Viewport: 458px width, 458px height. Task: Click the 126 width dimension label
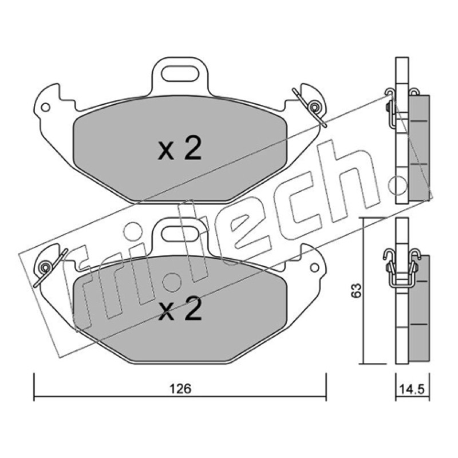pos(181,389)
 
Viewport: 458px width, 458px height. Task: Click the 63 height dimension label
pos(356,291)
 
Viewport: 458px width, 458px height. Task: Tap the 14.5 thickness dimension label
pos(412,389)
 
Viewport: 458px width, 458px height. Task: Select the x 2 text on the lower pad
pos(180,309)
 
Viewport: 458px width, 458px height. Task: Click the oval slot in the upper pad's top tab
pos(180,74)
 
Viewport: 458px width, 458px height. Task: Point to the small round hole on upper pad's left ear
pos(45,107)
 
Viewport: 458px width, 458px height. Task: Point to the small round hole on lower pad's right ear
pos(314,267)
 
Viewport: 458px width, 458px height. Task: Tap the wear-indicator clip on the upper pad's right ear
pos(311,107)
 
